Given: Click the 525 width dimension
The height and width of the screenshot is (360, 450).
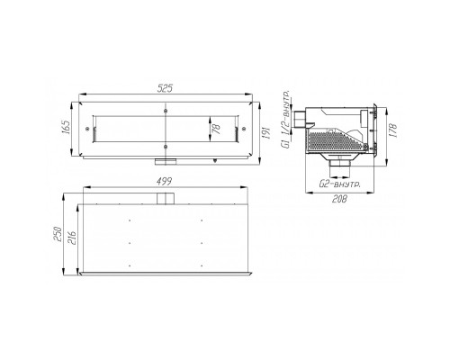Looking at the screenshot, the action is click(166, 88).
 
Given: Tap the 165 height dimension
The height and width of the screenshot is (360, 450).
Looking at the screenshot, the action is click(67, 127).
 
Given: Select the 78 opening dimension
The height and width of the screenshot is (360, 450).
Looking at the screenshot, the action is click(216, 129).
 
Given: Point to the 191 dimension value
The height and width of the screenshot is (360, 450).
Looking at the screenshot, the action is click(266, 133).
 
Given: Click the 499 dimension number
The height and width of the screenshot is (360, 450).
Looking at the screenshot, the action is click(165, 181).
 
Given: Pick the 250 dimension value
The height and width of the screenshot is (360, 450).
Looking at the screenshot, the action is click(58, 234).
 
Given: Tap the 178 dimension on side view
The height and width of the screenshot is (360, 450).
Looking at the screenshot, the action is click(394, 130).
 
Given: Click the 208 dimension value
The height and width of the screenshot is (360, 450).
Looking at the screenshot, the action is click(339, 199).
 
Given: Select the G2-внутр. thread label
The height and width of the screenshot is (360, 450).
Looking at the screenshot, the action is click(339, 184).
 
